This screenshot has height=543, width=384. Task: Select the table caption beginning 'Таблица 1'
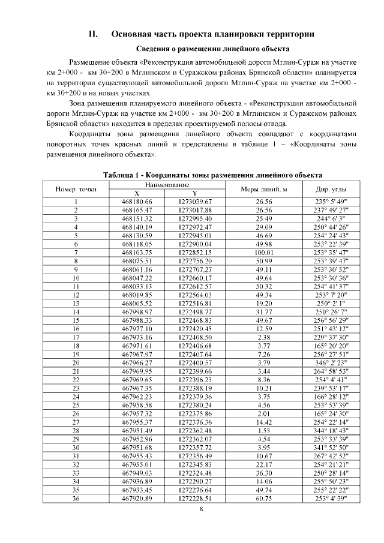click(x=213, y=175)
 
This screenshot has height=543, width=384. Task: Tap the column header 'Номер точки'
click(x=76, y=189)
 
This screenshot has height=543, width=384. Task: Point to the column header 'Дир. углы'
click(x=328, y=189)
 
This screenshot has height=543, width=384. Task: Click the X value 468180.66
click(x=137, y=202)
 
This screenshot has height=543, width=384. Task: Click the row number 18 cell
click(x=76, y=346)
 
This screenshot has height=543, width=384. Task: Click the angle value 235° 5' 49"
click(x=328, y=202)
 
